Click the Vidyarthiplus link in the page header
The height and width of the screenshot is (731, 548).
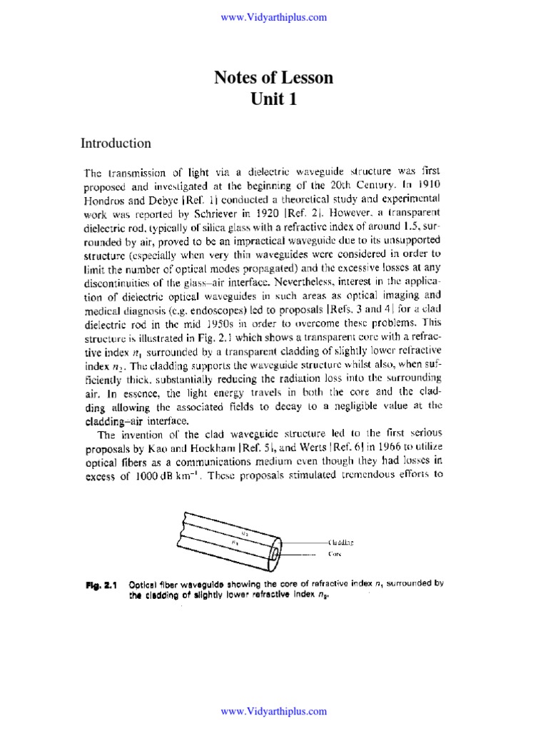point(274,17)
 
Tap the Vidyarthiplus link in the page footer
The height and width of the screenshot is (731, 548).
point(274,711)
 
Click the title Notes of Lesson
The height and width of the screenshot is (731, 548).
point(274,78)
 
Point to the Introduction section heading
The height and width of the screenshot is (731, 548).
point(116,143)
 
